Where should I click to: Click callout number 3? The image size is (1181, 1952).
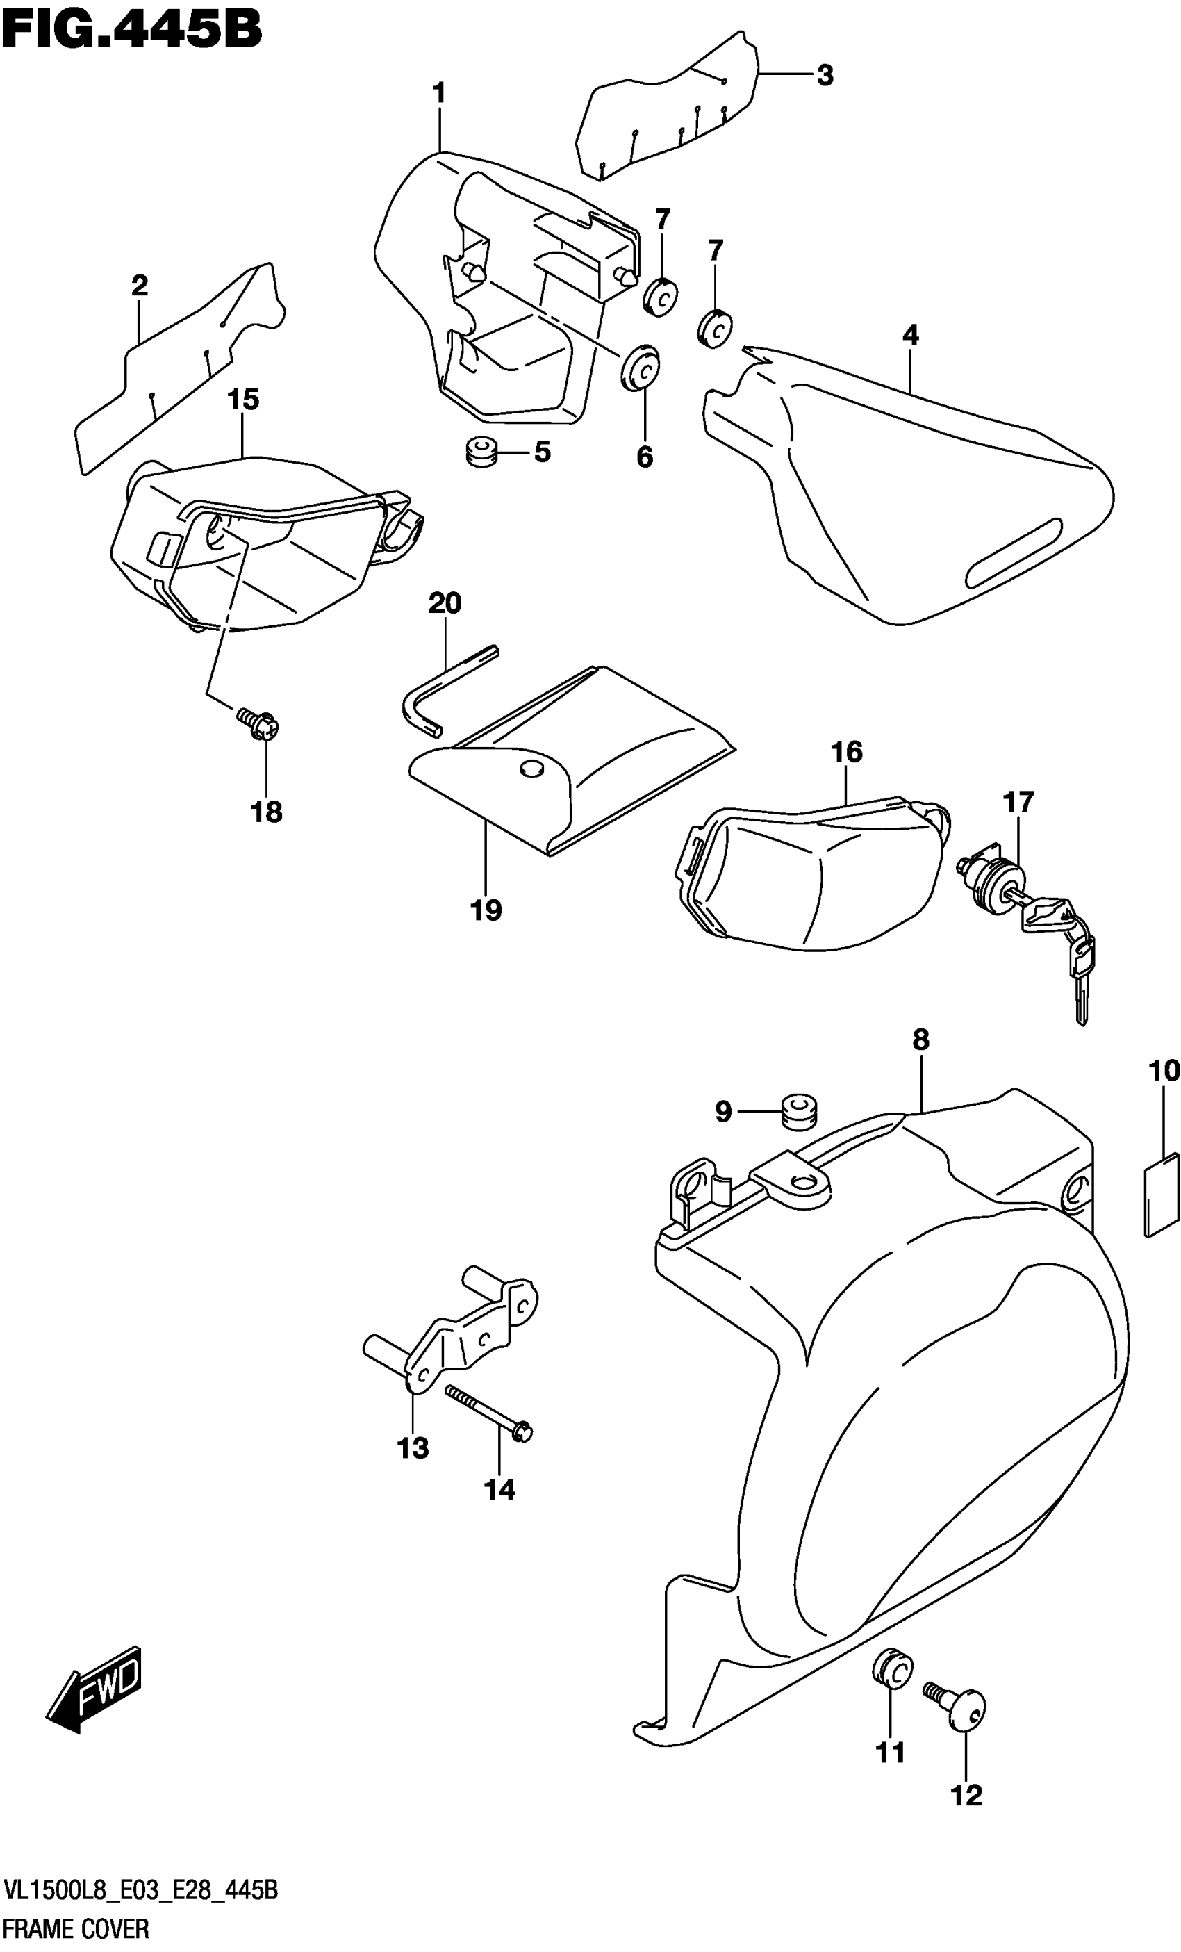[x=825, y=76]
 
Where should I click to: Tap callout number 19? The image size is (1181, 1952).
[x=486, y=910]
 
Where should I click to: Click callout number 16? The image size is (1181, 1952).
[x=846, y=752]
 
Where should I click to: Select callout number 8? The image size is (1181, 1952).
[x=920, y=1040]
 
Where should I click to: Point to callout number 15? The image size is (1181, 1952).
[x=243, y=400]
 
